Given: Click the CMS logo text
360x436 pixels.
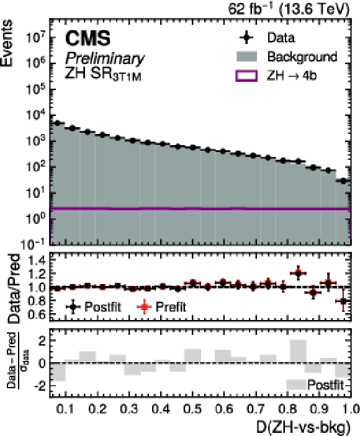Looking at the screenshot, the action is (x=88, y=38).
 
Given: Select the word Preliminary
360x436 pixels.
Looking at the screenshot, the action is (x=105, y=58).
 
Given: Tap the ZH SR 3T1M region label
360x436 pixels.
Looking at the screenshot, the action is (x=103, y=74).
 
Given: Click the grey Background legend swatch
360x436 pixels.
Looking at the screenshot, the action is (x=246, y=56).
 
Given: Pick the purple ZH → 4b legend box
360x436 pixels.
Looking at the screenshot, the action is (x=246, y=76).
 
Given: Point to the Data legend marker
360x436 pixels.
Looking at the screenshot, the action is (x=246, y=38).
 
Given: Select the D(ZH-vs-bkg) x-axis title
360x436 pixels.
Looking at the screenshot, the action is (x=303, y=427).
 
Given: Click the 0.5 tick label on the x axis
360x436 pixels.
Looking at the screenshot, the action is (x=193, y=409).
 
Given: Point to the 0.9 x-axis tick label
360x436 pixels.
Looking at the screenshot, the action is (x=322, y=409).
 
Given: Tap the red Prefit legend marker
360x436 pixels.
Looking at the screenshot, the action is (x=145, y=307).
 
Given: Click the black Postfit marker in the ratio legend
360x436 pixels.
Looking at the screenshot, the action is (x=73, y=307).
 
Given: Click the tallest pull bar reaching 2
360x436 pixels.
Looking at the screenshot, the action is (x=298, y=351).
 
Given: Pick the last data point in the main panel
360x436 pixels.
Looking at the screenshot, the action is (x=343, y=181).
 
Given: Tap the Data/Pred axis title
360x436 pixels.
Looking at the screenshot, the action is (x=14, y=288).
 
